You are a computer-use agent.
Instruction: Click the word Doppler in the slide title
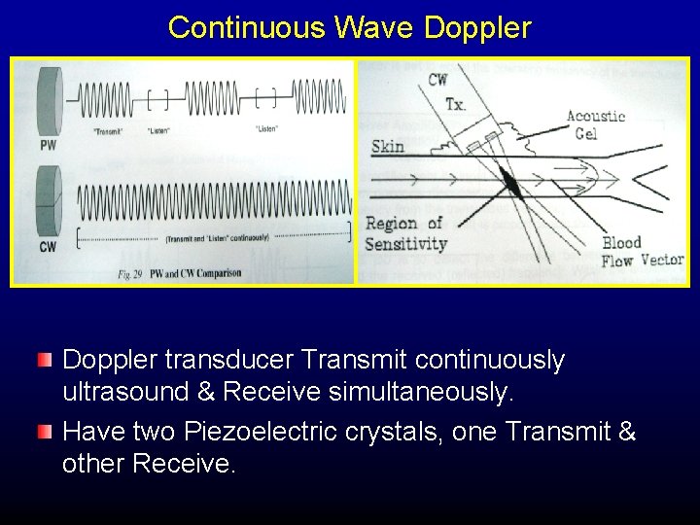(x=477, y=27)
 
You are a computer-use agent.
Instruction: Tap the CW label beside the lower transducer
(x=48, y=247)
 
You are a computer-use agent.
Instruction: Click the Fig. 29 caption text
(x=179, y=274)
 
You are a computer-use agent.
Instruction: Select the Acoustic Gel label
(x=595, y=124)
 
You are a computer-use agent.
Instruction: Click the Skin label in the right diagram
(x=388, y=147)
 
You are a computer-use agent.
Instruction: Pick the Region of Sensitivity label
(x=404, y=234)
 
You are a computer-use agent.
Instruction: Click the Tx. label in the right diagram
(x=454, y=104)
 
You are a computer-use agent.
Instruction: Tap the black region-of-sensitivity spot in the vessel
(x=509, y=181)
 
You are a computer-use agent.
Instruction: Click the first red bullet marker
(x=45, y=361)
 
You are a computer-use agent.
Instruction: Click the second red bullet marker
(x=45, y=432)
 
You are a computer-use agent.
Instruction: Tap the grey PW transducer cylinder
(x=48, y=102)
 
